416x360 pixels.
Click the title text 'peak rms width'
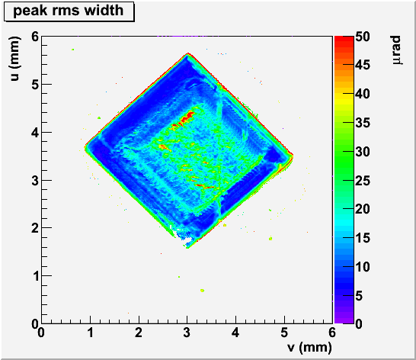tap(68, 11)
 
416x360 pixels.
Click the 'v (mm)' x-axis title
tap(309, 347)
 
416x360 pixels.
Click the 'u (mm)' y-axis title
tap(14, 59)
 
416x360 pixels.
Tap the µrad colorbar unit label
tap(396, 50)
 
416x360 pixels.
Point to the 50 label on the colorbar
tap(363, 37)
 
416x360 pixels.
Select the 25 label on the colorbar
tap(363, 181)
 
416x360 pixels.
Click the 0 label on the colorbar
tap(359, 324)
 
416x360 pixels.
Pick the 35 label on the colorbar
tap(363, 123)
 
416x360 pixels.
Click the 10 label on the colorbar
tap(363, 266)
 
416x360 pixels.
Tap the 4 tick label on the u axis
tap(35, 132)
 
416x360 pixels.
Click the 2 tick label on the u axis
tap(35, 228)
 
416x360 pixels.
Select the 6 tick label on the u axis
tap(35, 37)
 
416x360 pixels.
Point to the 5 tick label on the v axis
tap(284, 333)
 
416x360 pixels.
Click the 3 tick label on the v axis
tap(187, 333)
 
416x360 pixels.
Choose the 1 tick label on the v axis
tap(90, 333)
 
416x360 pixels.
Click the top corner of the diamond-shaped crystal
tap(188, 53)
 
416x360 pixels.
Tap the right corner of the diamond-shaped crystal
tap(293, 156)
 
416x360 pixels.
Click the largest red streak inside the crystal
tap(187, 117)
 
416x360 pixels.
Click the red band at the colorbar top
tap(344, 40)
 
